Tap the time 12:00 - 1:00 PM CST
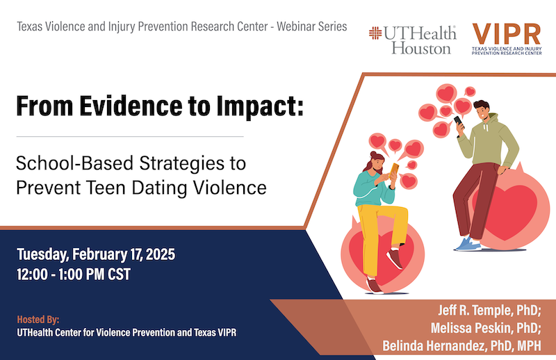74,274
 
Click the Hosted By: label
38,320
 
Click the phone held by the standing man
459,120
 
